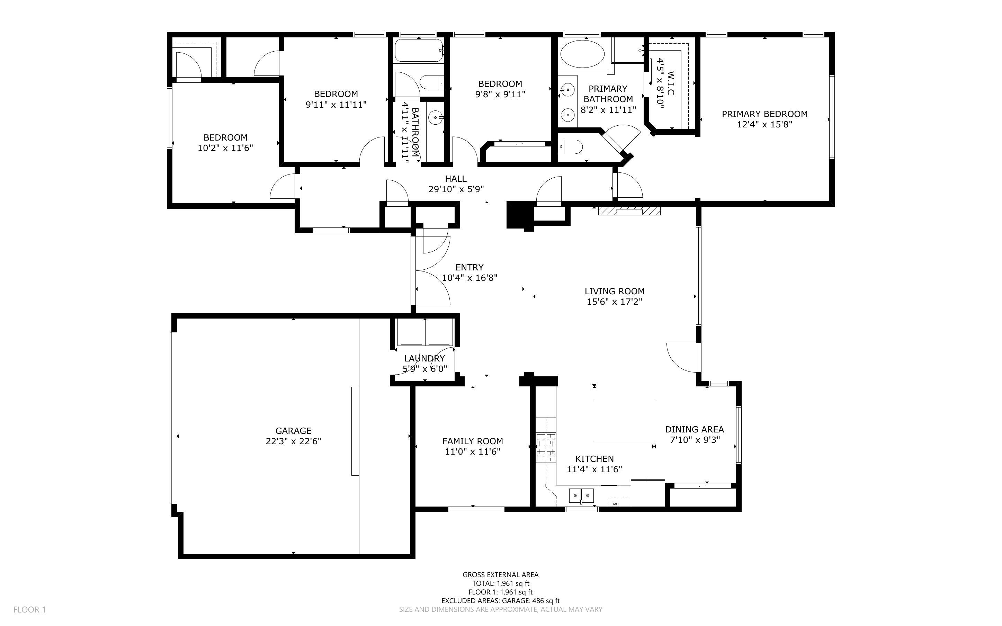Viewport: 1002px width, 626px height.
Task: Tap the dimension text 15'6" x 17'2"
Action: tap(614, 302)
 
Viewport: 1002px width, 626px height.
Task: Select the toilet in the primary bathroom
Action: tap(571, 146)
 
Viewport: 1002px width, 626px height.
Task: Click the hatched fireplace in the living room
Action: tap(629, 211)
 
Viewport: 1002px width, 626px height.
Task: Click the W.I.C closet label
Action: tap(671, 83)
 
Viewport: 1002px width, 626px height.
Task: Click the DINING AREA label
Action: tap(694, 429)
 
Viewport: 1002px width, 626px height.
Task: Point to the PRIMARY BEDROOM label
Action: tap(764, 114)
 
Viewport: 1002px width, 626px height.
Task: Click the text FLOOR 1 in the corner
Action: tap(29, 609)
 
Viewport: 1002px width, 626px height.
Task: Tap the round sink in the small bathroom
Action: tap(435, 118)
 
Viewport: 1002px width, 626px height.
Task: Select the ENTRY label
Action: tap(469, 267)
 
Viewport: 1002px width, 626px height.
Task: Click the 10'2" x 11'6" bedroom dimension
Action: tap(225, 148)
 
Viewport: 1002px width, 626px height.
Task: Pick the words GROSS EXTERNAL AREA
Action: tap(500, 575)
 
